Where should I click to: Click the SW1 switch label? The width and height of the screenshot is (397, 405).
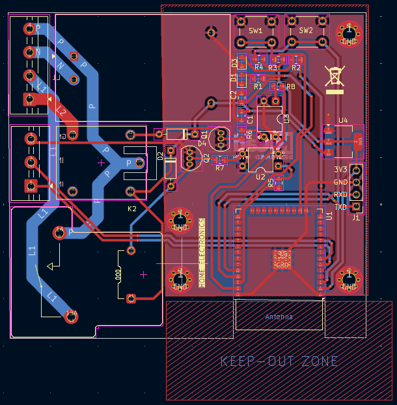tap(256, 31)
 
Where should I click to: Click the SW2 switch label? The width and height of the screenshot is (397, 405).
tap(306, 31)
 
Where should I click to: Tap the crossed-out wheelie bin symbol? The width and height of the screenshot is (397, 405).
tap(335, 77)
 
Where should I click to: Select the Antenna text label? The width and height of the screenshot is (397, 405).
tap(279, 317)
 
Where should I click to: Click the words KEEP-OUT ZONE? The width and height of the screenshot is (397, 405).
tap(279, 361)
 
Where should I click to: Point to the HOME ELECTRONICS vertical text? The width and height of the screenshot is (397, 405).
tap(202, 253)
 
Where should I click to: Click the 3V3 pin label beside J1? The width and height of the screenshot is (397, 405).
tap(340, 170)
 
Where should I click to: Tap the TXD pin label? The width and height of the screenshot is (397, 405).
tap(340, 207)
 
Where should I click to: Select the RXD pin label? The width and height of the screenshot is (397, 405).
tap(340, 195)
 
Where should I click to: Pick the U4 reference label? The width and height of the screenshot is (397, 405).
tap(343, 120)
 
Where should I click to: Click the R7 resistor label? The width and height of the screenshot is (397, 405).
tap(219, 168)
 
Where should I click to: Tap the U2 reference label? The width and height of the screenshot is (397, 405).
tap(260, 176)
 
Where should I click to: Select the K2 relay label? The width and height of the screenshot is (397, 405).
tap(132, 209)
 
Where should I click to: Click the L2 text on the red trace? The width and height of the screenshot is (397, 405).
tap(61, 111)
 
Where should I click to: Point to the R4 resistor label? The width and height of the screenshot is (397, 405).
tap(258, 68)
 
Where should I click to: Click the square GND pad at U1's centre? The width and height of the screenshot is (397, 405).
tap(282, 259)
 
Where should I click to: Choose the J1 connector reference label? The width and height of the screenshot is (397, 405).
tap(356, 218)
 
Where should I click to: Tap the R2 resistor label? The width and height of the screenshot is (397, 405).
tap(296, 68)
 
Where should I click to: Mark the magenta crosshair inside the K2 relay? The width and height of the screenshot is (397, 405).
tap(101, 163)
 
